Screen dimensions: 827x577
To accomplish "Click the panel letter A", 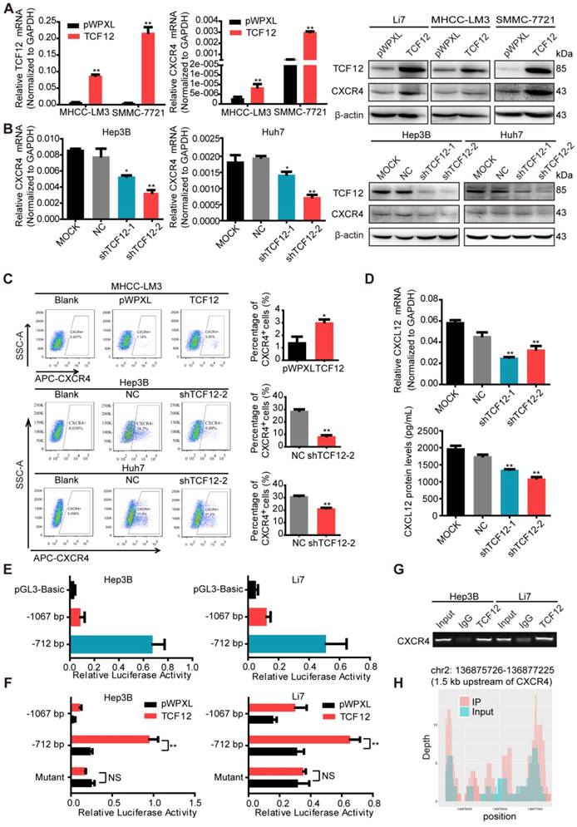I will pos(7,7).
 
